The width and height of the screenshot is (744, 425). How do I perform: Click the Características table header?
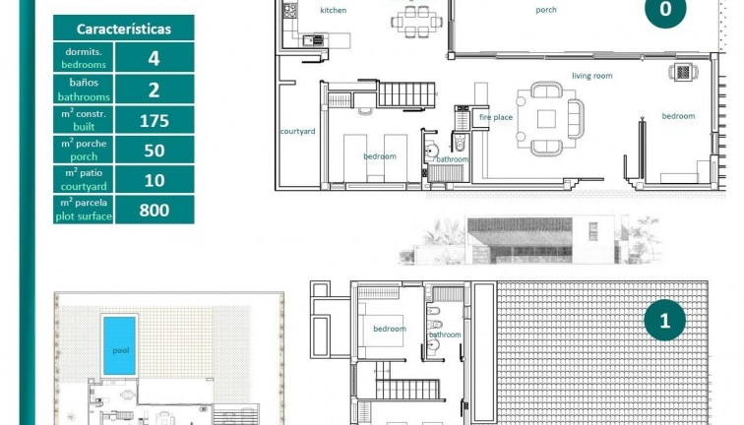point(123,29)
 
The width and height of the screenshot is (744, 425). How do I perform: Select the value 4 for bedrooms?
point(154,58)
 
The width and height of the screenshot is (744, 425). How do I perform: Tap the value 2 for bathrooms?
point(154,90)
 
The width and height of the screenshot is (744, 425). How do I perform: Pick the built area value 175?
point(154,121)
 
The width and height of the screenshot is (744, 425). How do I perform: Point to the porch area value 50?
point(154,150)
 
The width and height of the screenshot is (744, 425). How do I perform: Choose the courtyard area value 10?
point(154,179)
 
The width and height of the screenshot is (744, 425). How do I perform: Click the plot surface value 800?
point(154,210)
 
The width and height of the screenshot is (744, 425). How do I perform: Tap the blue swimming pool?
point(120,345)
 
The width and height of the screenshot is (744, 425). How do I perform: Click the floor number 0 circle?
point(665,10)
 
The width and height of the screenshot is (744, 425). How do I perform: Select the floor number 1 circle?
point(665,321)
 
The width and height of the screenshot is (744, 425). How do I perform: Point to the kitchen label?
point(334,10)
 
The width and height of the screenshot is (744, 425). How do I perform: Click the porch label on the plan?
point(545,11)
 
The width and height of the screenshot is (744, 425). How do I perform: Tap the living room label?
point(591,76)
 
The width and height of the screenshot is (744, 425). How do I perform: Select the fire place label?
point(496,117)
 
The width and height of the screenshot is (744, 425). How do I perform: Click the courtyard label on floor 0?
point(297,131)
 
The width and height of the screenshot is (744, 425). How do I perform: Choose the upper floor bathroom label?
point(444,334)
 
